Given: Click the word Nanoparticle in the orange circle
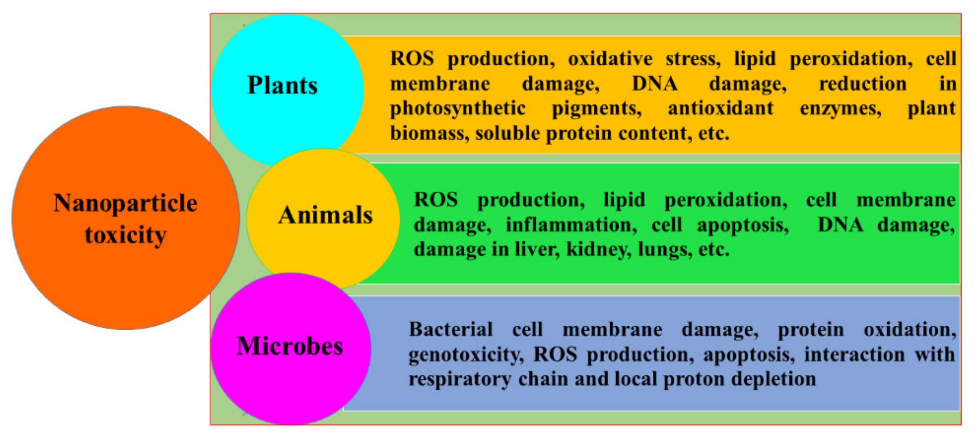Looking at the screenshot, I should pyautogui.click(x=126, y=203).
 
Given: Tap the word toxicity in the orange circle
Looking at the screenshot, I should pyautogui.click(x=126, y=235).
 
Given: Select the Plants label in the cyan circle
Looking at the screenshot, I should pyautogui.click(x=282, y=85).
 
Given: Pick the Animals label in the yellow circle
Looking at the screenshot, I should pyautogui.click(x=325, y=215).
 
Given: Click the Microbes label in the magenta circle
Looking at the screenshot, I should pyautogui.click(x=290, y=346).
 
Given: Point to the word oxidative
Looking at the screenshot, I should pyautogui.click(x=610, y=59).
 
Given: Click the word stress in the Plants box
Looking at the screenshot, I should pyautogui.click(x=693, y=59).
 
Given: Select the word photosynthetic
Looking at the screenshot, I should pyautogui.click(x=458, y=109).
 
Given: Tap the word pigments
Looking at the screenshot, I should pyautogui.click(x=596, y=109).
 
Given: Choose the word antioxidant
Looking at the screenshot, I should pyautogui.click(x=720, y=108).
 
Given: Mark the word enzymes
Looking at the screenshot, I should pyautogui.click(x=840, y=109).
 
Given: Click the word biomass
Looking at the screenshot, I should pyautogui.click(x=429, y=133).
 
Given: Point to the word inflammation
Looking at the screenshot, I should pyautogui.click(x=571, y=225).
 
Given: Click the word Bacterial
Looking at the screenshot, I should pyautogui.click(x=450, y=329).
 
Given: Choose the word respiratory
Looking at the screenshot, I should pyautogui.click(x=460, y=379).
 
